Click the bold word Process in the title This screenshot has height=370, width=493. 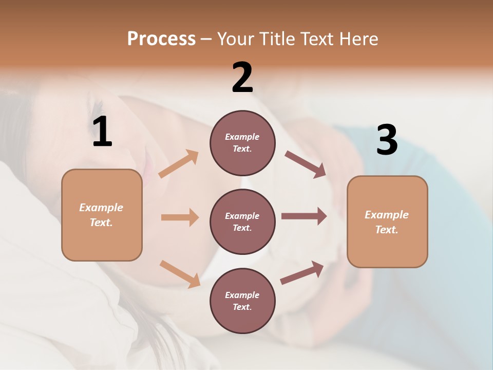(x=161, y=39)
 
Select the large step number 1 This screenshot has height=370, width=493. (x=102, y=132)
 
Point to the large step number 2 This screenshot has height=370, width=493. (x=242, y=78)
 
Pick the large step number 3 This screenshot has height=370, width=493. (x=387, y=141)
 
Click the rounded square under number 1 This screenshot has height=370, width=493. (x=102, y=215)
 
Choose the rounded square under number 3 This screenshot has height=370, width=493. (x=387, y=222)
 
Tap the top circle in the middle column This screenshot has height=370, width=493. (x=242, y=143)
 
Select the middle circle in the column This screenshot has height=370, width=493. (x=242, y=221)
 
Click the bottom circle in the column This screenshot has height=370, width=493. (x=242, y=301)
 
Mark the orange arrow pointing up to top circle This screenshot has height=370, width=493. (x=179, y=164)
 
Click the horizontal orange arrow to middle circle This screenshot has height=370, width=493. (x=180, y=217)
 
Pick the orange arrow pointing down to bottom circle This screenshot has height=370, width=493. (x=180, y=274)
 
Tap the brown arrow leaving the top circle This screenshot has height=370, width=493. (x=306, y=164)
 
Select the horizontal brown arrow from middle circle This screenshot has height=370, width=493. (x=304, y=216)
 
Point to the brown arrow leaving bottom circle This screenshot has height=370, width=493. (x=302, y=273)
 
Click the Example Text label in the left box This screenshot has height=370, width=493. (x=102, y=215)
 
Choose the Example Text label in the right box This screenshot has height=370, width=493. (x=387, y=222)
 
